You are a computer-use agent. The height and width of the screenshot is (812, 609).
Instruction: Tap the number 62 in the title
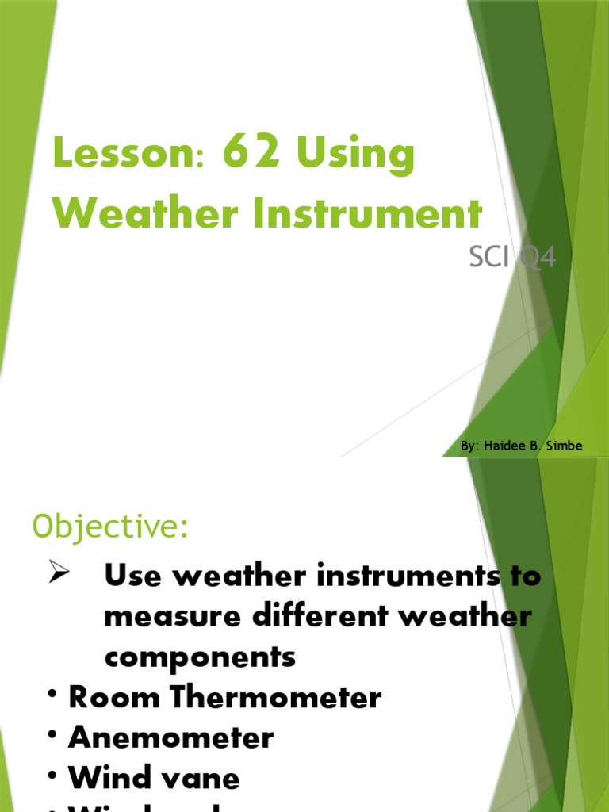click(251, 152)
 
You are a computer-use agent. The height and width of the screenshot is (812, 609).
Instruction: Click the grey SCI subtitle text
click(487, 258)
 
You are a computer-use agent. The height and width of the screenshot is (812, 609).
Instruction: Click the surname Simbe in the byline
click(565, 446)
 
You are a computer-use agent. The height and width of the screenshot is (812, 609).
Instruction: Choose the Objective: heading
click(110, 526)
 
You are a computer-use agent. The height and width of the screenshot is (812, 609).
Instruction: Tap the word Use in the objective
click(132, 576)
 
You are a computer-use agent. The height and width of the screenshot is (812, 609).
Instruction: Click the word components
click(200, 657)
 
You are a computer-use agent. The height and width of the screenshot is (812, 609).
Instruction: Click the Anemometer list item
click(171, 737)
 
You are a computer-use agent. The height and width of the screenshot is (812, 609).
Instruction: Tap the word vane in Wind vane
click(203, 778)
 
